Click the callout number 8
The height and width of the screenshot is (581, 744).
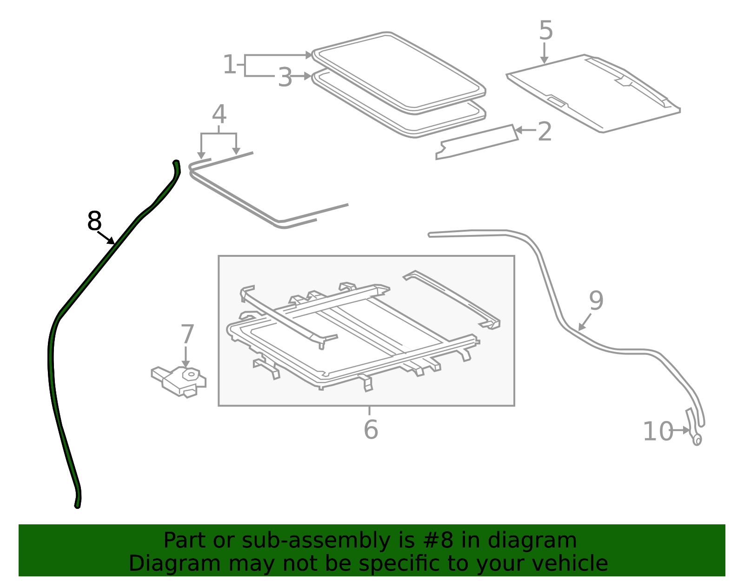click(94, 221)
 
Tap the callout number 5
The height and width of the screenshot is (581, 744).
click(546, 30)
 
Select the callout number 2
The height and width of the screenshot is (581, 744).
click(545, 132)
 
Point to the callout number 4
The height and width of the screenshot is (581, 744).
click(219, 114)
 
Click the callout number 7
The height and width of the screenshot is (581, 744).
click(187, 334)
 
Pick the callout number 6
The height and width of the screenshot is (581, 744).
click(371, 429)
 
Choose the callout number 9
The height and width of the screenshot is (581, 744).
click(596, 300)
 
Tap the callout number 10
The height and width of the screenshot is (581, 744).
click(658, 431)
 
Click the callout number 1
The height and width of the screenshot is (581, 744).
click(229, 64)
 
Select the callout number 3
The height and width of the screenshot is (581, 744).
click(285, 77)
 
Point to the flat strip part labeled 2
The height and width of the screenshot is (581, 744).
click(477, 142)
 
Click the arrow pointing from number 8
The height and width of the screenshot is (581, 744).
click(106, 238)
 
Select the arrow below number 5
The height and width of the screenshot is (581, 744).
click(544, 53)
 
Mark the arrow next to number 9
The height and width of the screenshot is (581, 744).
click(585, 322)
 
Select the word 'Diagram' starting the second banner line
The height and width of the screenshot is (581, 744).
click(175, 564)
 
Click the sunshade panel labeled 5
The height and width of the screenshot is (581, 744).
click(593, 93)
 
